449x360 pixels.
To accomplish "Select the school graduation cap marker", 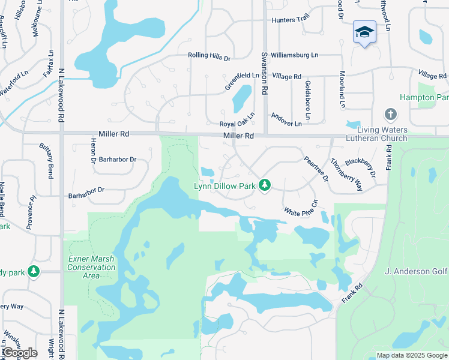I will pyautogui.click(x=364, y=32).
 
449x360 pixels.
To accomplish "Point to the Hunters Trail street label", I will pyautogui.click(x=291, y=20).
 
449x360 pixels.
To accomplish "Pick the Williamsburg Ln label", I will pyautogui.click(x=294, y=55).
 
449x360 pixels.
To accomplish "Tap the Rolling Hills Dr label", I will pyautogui.click(x=209, y=56).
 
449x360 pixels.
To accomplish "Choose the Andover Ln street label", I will pyautogui.click(x=286, y=119).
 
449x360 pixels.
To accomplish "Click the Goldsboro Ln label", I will pyautogui.click(x=307, y=95).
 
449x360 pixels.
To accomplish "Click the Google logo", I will pyautogui.click(x=20, y=353).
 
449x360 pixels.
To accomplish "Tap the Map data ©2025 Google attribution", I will pyautogui.click(x=411, y=355).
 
